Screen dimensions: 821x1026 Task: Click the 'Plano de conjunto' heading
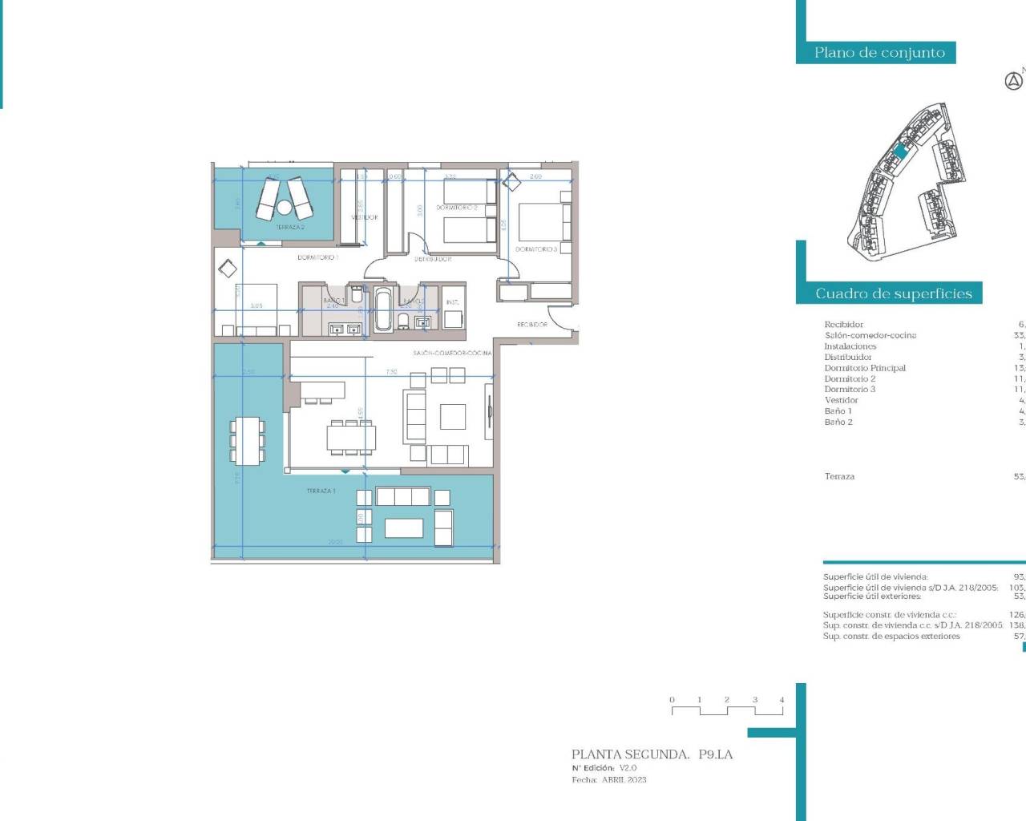(x=879, y=53)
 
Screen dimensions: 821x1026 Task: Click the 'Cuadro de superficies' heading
(x=893, y=293)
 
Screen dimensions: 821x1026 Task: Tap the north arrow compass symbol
(x=1013, y=81)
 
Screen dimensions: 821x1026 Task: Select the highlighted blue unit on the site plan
(x=900, y=151)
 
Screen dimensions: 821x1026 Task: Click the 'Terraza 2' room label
(x=290, y=228)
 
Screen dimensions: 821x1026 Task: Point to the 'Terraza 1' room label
(x=321, y=491)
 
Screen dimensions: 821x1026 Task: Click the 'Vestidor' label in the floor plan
(x=364, y=217)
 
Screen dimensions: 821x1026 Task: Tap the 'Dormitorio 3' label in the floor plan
(x=535, y=249)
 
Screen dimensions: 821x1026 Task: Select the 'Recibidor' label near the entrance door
(x=532, y=325)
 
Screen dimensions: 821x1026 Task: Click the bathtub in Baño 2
(x=383, y=310)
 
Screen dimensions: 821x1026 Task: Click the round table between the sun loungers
(x=284, y=208)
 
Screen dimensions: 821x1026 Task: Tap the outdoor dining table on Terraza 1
(x=247, y=440)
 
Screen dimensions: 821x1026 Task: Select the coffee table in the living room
(x=453, y=417)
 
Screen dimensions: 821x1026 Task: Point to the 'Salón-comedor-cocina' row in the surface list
(x=870, y=335)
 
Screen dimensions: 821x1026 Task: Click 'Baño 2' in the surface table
(x=838, y=422)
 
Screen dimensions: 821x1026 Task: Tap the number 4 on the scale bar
(x=782, y=700)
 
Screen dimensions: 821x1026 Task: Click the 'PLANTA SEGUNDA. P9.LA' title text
(x=652, y=754)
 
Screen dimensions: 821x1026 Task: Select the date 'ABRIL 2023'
(x=624, y=780)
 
